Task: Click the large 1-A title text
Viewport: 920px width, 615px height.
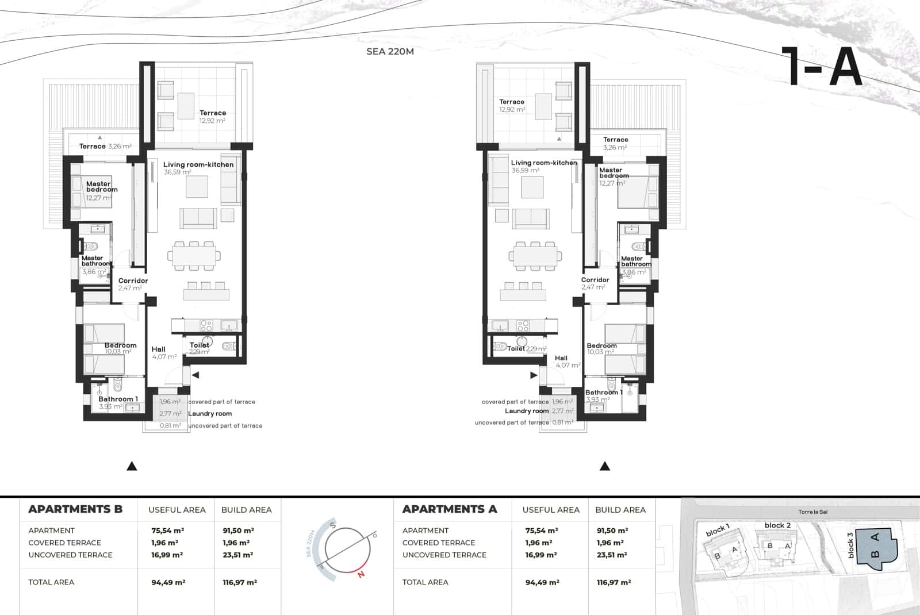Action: click(822, 67)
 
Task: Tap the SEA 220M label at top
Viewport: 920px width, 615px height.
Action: click(390, 51)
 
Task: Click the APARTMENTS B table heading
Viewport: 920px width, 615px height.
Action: click(75, 509)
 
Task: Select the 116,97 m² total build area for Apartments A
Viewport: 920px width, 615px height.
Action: click(614, 582)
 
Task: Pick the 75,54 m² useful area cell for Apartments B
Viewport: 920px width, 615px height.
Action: click(167, 531)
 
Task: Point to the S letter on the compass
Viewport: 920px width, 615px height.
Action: click(332, 525)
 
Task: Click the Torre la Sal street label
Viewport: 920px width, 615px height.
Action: click(812, 512)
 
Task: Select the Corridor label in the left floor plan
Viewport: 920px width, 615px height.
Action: click(133, 280)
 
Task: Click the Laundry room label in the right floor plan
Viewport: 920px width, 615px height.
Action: click(527, 411)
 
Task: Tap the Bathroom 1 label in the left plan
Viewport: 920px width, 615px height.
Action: click(118, 399)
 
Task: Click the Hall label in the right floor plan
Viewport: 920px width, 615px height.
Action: click(561, 358)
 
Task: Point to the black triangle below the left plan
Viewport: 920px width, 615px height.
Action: click(132, 466)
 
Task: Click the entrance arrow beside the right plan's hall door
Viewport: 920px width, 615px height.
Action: click(534, 375)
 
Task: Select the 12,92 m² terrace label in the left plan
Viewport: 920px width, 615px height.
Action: click(212, 121)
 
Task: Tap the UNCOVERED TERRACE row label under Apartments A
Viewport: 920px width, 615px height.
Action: click(444, 555)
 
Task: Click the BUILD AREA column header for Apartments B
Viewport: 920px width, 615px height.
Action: click(246, 510)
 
